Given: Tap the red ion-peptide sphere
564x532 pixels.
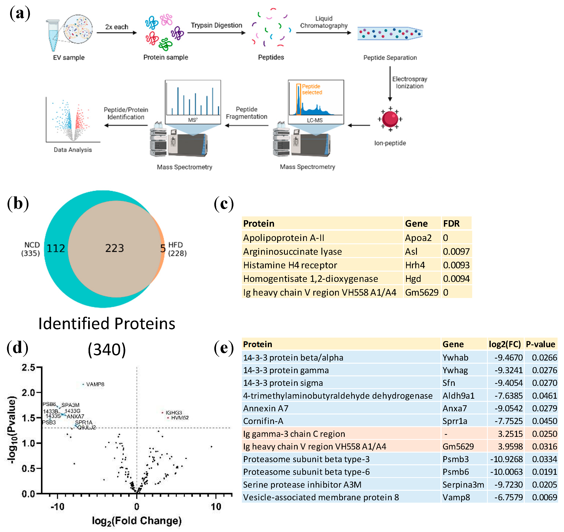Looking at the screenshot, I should pos(390,119).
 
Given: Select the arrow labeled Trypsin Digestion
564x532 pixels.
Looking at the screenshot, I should pos(216,33).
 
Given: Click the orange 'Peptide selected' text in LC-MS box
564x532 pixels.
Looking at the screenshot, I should pos(312,89).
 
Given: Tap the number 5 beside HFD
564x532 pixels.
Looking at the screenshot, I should pos(163,248).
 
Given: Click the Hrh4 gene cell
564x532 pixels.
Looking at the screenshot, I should pos(415,265).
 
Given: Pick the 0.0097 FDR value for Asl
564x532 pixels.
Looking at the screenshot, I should pos(456,252).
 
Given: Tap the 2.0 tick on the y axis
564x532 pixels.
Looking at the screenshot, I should pos(28,393).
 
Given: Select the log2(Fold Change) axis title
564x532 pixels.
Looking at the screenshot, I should pos(137,521).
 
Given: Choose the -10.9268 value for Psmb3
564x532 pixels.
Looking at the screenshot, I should pos(506,459).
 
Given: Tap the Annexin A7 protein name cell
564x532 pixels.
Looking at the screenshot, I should pos(266,408).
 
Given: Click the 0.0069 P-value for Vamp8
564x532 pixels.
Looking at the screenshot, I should pos(544,497).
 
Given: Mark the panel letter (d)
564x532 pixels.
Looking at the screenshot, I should pos(18,348).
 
